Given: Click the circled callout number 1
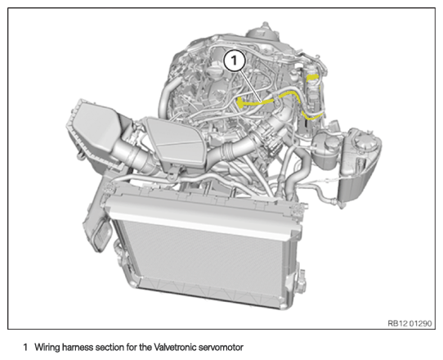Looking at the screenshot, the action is pos(234,61).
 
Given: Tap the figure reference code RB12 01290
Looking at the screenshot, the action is pos(409,323).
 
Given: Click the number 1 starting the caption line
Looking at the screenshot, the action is pos(25,347).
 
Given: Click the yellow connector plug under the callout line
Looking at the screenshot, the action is pos(240,102).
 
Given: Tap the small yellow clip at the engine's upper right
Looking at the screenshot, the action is pos(312,77).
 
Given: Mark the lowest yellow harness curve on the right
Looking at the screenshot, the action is pos(311,116).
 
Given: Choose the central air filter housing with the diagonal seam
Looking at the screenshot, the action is pos(176,142).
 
